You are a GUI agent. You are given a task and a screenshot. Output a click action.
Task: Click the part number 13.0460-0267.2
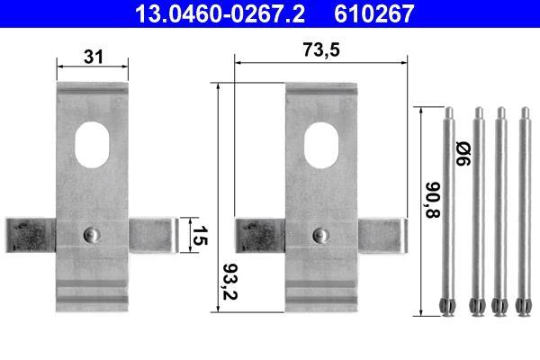tap(220, 13)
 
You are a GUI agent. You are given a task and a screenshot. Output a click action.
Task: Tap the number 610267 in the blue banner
tap(374, 13)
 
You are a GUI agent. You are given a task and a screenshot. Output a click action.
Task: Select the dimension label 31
tap(93, 57)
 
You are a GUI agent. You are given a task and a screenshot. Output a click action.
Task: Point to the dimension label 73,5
tap(321, 49)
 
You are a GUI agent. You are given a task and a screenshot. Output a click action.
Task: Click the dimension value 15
tap(200, 235)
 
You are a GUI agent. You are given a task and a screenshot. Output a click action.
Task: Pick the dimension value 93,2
tap(230, 282)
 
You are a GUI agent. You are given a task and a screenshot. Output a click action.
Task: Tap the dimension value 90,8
tap(433, 200)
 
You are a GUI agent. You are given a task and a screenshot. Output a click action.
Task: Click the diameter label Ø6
tap(463, 153)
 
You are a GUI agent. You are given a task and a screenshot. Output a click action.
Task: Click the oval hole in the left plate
tap(92, 145)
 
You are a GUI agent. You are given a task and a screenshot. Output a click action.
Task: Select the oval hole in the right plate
tap(321, 145)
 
